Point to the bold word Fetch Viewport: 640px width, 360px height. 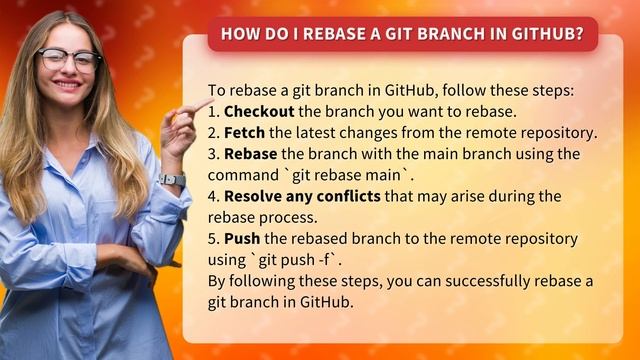245,132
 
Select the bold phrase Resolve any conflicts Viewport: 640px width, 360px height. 302,197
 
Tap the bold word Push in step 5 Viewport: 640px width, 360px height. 242,240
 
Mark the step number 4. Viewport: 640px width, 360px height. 213,197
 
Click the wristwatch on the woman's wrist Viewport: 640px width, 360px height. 171,181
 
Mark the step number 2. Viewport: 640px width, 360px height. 213,132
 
